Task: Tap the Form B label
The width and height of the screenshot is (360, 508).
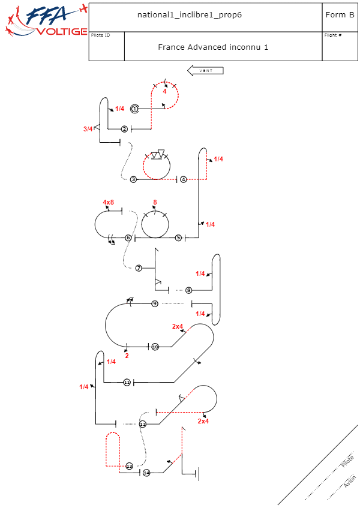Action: point(340,15)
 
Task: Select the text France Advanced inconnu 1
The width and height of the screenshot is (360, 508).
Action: point(213,46)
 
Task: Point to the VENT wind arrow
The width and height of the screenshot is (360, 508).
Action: point(206,71)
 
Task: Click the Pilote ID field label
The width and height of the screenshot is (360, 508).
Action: point(100,35)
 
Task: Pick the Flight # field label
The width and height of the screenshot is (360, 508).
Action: point(333,35)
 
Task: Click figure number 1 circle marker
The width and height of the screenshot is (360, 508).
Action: point(135,109)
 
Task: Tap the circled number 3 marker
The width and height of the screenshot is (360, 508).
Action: point(133,179)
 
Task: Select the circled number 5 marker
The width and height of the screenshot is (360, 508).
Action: point(178,238)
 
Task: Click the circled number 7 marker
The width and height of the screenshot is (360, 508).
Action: point(139,268)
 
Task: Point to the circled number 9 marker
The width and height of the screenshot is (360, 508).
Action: point(155,304)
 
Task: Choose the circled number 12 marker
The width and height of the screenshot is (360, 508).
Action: point(143,424)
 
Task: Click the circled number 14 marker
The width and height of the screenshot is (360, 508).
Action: point(146,473)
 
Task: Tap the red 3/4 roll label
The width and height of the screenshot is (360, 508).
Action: point(88,129)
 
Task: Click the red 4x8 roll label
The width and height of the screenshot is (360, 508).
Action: point(109,202)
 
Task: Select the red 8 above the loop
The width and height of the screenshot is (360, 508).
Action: point(155,202)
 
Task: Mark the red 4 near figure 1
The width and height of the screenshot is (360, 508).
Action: point(164,91)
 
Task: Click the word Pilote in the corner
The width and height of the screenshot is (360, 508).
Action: point(347,461)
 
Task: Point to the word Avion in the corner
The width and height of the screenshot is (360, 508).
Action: point(350,482)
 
